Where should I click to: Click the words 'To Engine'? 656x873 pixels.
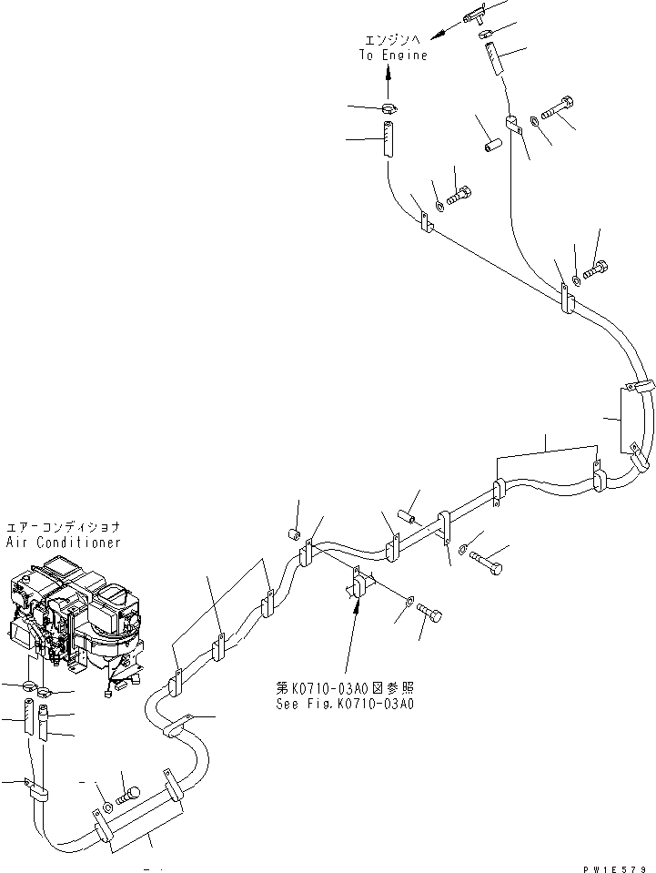click(x=392, y=56)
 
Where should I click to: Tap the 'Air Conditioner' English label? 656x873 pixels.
click(x=63, y=543)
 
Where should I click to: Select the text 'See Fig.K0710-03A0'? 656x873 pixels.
click(x=346, y=704)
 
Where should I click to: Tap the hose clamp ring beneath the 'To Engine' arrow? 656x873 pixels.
click(x=389, y=111)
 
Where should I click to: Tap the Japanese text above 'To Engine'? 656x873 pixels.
click(x=392, y=41)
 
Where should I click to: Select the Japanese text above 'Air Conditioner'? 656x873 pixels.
click(x=63, y=528)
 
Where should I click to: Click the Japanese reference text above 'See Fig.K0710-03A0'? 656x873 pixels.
click(x=346, y=689)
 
